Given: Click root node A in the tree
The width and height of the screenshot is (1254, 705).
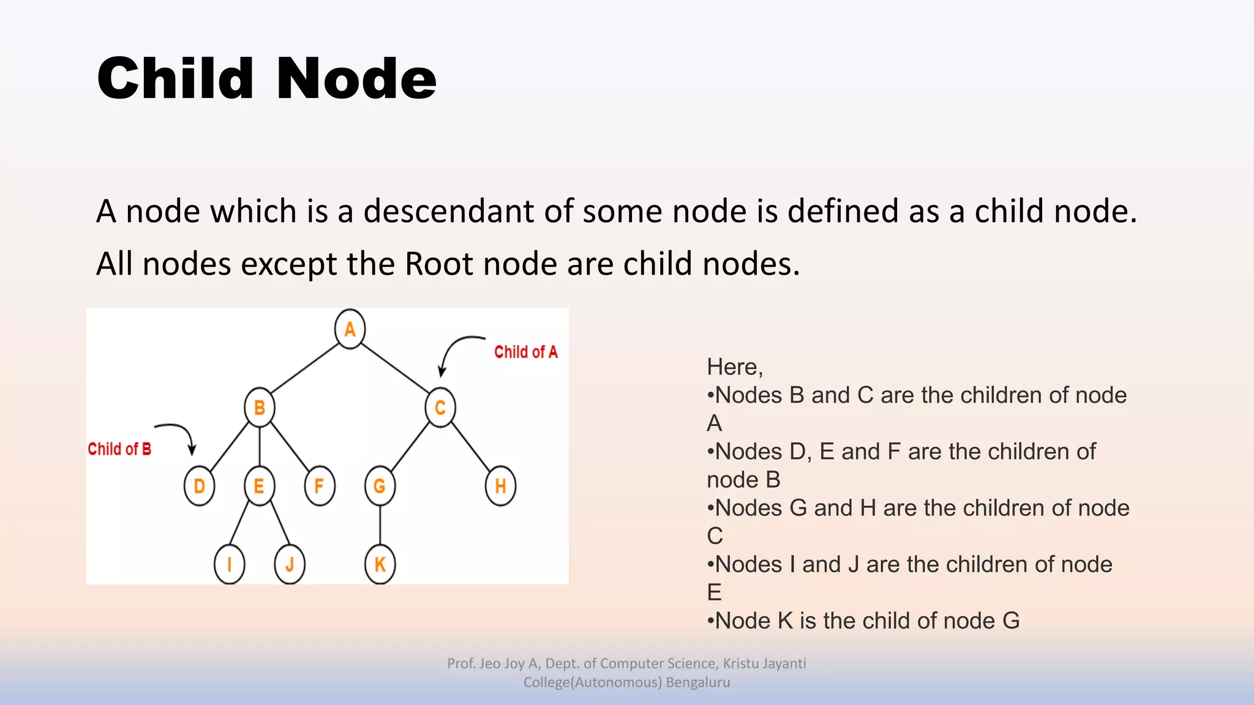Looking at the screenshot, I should (350, 329).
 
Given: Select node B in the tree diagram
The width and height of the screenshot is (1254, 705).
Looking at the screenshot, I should (259, 408).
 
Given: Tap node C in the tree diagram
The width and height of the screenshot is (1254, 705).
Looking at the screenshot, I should (440, 408).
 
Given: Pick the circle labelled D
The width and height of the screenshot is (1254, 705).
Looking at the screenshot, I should (199, 486).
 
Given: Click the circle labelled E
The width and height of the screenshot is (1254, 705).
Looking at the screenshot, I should (259, 486).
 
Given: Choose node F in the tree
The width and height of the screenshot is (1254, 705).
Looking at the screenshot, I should (319, 486).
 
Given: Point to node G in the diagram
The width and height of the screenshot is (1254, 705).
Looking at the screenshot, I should (380, 486).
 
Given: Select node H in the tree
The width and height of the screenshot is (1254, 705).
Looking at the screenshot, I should (500, 486).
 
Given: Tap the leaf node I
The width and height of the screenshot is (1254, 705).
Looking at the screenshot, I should (229, 564).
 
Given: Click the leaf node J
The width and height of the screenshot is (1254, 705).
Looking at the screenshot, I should (290, 564).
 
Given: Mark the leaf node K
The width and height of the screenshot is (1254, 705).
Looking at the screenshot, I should (380, 564).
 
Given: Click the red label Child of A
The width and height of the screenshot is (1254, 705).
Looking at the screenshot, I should (526, 352).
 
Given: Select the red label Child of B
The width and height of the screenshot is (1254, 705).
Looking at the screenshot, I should (119, 449).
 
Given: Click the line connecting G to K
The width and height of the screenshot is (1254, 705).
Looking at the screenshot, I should (380, 525).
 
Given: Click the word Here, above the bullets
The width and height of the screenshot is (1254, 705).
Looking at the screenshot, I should (734, 367).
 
